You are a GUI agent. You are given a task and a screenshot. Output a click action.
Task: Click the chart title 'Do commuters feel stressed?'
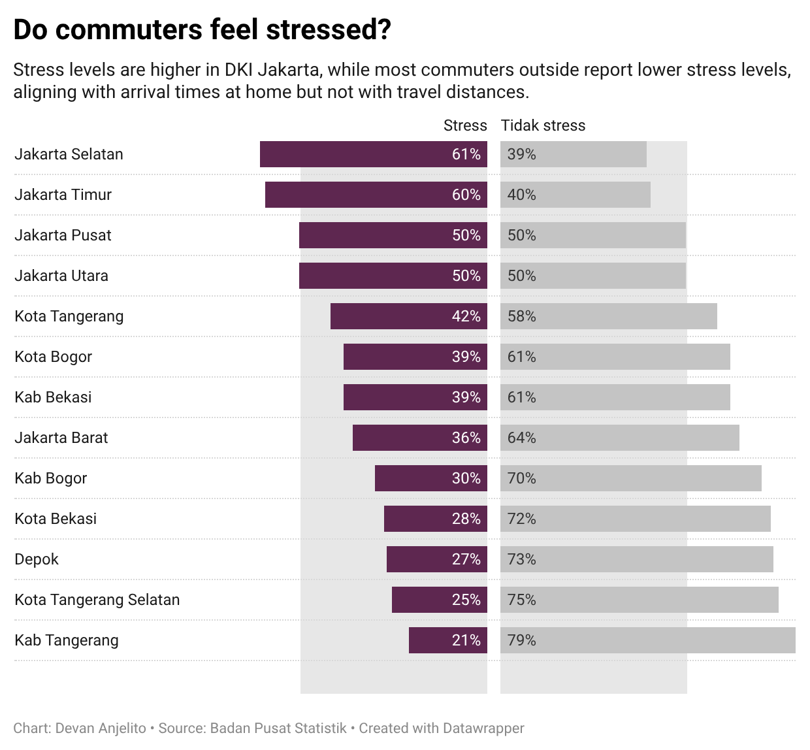(x=202, y=31)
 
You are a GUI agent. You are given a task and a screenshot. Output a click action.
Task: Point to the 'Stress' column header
(x=464, y=125)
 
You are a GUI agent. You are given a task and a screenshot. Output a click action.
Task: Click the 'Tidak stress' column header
(x=543, y=125)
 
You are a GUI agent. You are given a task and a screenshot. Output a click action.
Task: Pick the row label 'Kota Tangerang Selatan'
(x=97, y=600)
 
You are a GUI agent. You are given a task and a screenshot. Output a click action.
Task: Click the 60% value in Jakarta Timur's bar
(x=466, y=195)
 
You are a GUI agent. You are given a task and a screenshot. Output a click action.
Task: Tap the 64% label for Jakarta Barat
(x=521, y=438)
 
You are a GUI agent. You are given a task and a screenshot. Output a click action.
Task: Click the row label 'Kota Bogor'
(x=53, y=357)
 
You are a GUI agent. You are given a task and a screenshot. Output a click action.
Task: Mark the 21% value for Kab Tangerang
(x=466, y=640)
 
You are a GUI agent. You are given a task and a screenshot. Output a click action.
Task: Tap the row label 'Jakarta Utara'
(x=61, y=276)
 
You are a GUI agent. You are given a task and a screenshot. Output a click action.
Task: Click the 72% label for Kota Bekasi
(x=521, y=519)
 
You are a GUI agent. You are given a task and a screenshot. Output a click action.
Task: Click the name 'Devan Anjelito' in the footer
(x=101, y=728)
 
